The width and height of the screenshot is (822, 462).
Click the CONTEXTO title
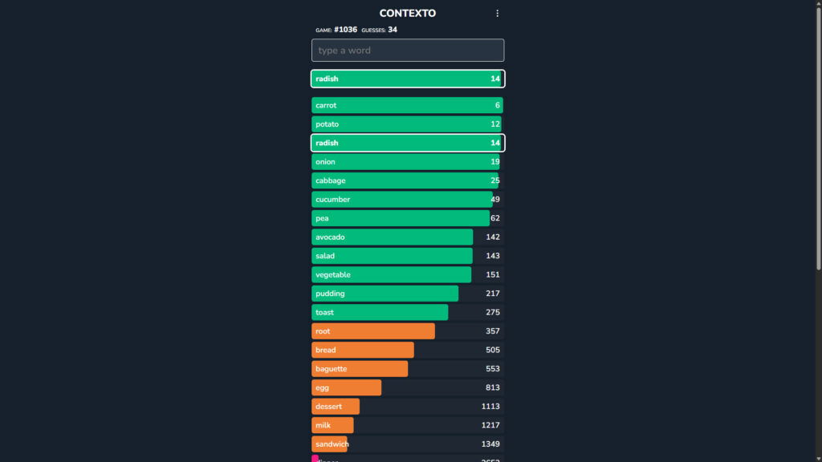tap(407, 14)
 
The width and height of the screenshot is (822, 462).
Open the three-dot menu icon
tap(497, 14)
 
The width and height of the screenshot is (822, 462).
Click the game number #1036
tap(345, 30)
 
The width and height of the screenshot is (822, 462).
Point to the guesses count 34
tap(393, 30)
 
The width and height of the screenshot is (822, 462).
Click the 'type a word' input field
tap(408, 51)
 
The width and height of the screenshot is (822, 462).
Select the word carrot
tap(326, 106)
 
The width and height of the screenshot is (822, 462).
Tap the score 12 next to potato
tap(495, 124)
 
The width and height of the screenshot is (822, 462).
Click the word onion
tap(325, 162)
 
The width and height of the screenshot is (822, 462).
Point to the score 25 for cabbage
tap(495, 180)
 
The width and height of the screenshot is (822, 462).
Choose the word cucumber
tap(332, 200)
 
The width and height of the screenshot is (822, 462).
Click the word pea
tap(322, 218)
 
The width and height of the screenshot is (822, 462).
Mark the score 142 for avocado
tap(493, 237)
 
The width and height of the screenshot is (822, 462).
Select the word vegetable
tap(333, 275)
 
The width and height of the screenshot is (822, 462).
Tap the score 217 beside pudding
tap(493, 294)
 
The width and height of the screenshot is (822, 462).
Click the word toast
tap(324, 313)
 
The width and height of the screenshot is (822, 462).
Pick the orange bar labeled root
tap(373, 331)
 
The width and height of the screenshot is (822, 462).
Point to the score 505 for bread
tap(493, 351)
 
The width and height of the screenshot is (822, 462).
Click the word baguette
tap(332, 369)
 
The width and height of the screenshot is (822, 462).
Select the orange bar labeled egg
tap(347, 388)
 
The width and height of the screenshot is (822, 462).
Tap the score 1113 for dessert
tap(490, 407)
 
